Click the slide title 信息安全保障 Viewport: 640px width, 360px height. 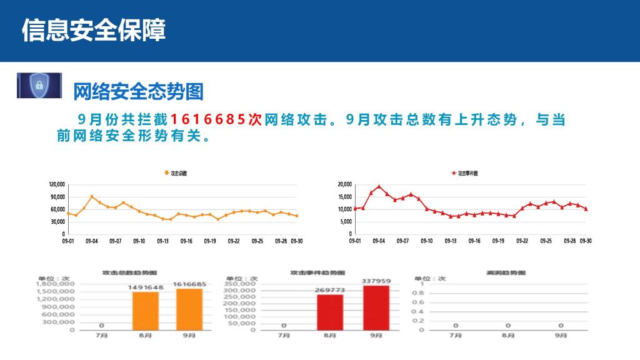[94, 30]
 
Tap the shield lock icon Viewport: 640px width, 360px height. [39, 86]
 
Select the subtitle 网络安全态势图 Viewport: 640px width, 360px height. [138, 92]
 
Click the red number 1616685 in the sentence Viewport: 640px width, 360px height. [209, 119]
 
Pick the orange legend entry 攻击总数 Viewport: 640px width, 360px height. [176, 173]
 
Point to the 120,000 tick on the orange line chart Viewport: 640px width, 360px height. [57, 184]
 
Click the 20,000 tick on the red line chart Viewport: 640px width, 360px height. [344, 184]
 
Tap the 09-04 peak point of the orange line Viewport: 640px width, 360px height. [92, 196]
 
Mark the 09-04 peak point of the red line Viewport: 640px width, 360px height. [379, 186]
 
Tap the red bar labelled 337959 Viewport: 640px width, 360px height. [376, 307]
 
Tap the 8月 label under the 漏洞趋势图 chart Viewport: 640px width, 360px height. [508, 336]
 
